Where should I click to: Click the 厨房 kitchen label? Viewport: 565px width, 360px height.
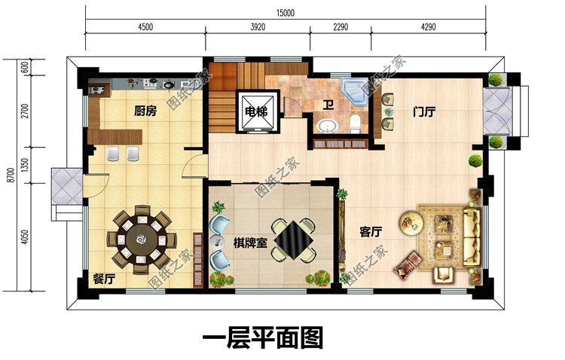pos(145,111)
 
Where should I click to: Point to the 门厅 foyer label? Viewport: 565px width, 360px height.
pos(425,111)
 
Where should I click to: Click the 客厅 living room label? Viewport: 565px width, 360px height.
pos(370,233)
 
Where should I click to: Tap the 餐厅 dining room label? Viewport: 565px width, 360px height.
pos(104,279)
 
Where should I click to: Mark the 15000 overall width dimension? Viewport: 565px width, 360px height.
pos(285,12)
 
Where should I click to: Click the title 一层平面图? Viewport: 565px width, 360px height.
pos(262,337)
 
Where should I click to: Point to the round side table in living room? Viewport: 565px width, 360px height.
pos(411,221)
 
